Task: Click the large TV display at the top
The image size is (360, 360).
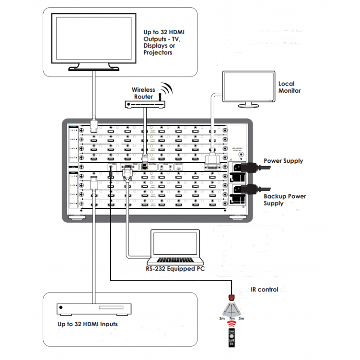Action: coord(94,40)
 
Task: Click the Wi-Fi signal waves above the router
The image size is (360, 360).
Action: coord(167,89)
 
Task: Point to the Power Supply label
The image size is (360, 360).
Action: coord(283,161)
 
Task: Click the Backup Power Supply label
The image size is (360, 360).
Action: coord(284,200)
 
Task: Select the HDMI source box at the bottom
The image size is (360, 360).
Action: coord(94,309)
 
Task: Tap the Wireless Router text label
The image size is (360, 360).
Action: coord(143,93)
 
